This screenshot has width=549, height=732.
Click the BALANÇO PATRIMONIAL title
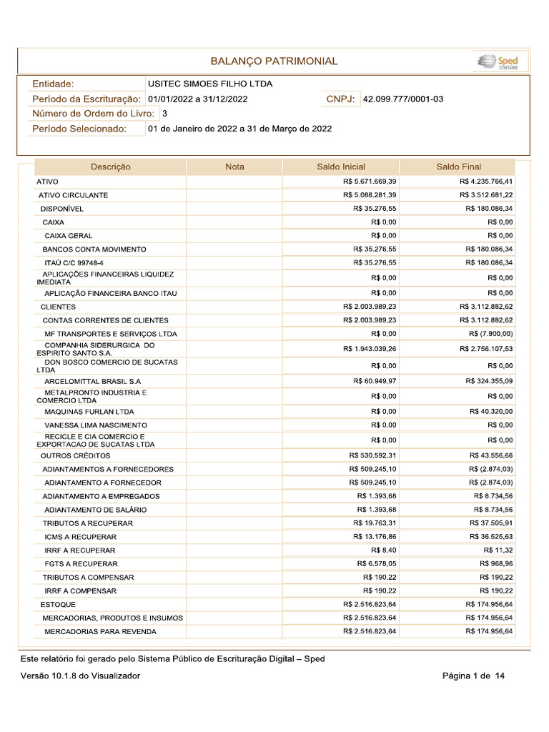click(x=274, y=61)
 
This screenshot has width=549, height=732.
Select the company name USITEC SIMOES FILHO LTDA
click(x=209, y=84)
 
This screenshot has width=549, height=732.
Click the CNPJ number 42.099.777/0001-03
click(x=403, y=99)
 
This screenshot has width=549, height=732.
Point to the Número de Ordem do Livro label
click(x=93, y=114)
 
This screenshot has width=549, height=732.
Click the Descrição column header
click(x=110, y=167)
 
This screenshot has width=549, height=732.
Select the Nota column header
click(x=234, y=167)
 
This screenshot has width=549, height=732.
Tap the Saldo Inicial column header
click(x=341, y=167)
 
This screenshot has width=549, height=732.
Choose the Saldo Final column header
click(x=458, y=167)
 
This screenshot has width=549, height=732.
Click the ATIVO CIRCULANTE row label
click(x=73, y=195)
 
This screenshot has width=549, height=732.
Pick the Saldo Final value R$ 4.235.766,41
click(x=486, y=182)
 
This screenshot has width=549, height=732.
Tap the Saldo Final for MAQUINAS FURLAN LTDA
click(x=491, y=412)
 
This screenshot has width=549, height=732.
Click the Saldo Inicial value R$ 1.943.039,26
click(x=370, y=349)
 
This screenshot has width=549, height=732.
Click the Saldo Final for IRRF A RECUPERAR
click(x=498, y=550)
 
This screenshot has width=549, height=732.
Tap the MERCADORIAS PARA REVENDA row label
click(x=100, y=632)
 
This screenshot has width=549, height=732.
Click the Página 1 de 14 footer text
click(x=473, y=676)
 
